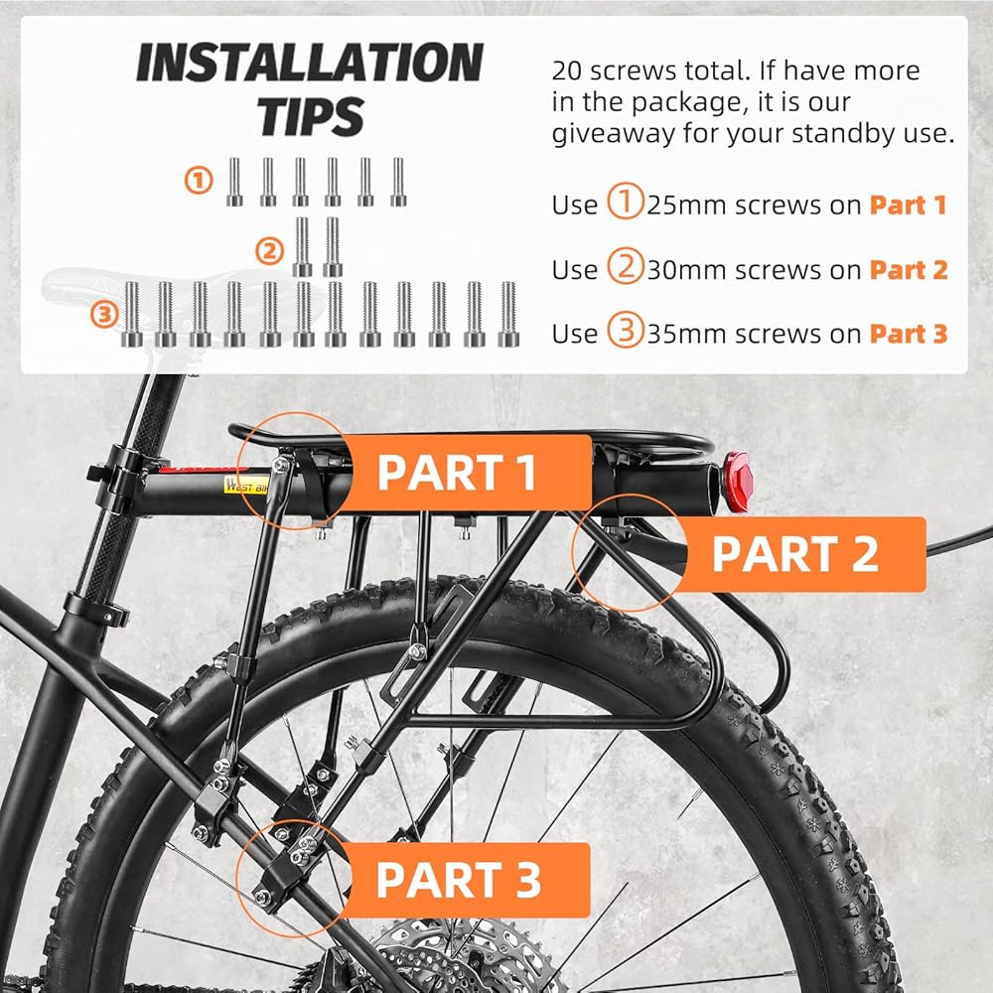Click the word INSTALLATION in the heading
[309, 65]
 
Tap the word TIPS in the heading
[311, 115]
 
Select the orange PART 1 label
[458, 473]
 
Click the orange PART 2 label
[795, 554]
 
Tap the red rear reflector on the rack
[737, 481]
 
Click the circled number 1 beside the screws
[200, 180]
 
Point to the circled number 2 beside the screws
[268, 251]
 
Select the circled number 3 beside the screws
[103, 316]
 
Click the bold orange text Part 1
[908, 206]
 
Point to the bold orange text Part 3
[908, 335]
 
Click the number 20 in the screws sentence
[569, 71]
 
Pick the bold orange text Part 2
[908, 270]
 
